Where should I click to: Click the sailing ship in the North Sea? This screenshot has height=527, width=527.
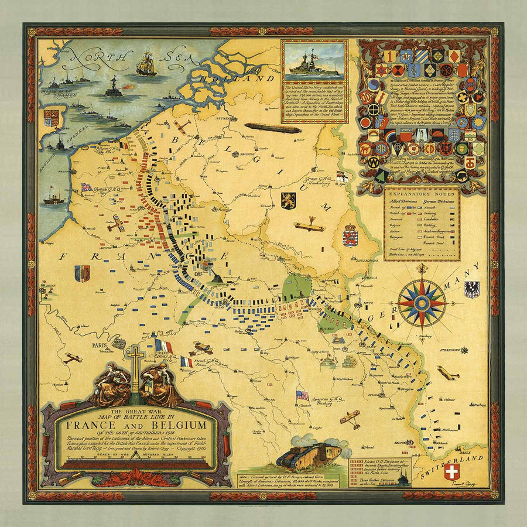tap(146, 63)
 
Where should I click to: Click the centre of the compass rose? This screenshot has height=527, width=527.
tap(422, 303)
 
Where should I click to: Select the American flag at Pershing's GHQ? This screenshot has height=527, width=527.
tap(302, 395)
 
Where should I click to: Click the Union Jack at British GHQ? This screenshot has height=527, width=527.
tap(87, 187)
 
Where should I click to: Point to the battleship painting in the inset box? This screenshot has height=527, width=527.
tap(313, 60)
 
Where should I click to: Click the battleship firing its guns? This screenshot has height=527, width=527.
tap(114, 88)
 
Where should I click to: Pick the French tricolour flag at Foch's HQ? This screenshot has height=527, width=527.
tap(186, 362)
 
